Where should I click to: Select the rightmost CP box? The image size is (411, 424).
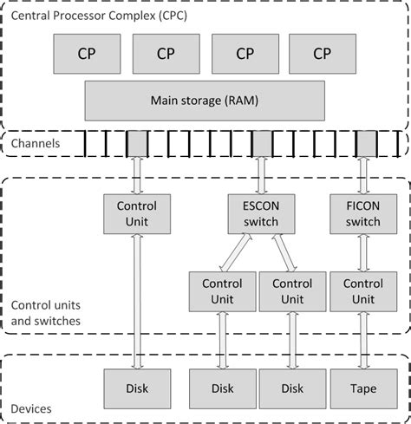pyautogui.click(x=322, y=54)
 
